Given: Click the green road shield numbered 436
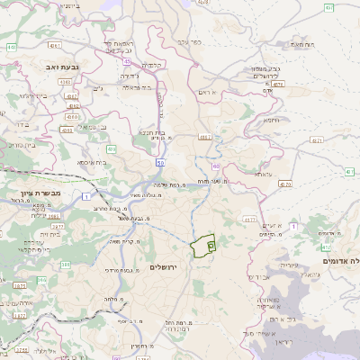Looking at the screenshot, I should [112, 149].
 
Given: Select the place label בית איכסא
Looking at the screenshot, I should [93, 162].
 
